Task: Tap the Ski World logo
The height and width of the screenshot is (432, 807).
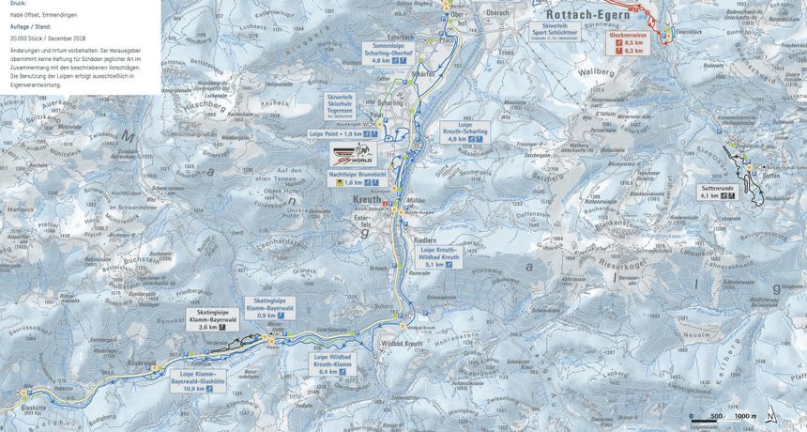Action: [352, 154]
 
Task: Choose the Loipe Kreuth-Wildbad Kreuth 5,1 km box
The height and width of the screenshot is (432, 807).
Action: [438, 257]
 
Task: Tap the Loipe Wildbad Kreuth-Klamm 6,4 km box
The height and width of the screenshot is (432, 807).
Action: [334, 364]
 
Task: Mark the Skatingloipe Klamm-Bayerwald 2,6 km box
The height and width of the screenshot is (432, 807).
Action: [213, 319]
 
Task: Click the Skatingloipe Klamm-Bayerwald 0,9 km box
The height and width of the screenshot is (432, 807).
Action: [270, 308]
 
